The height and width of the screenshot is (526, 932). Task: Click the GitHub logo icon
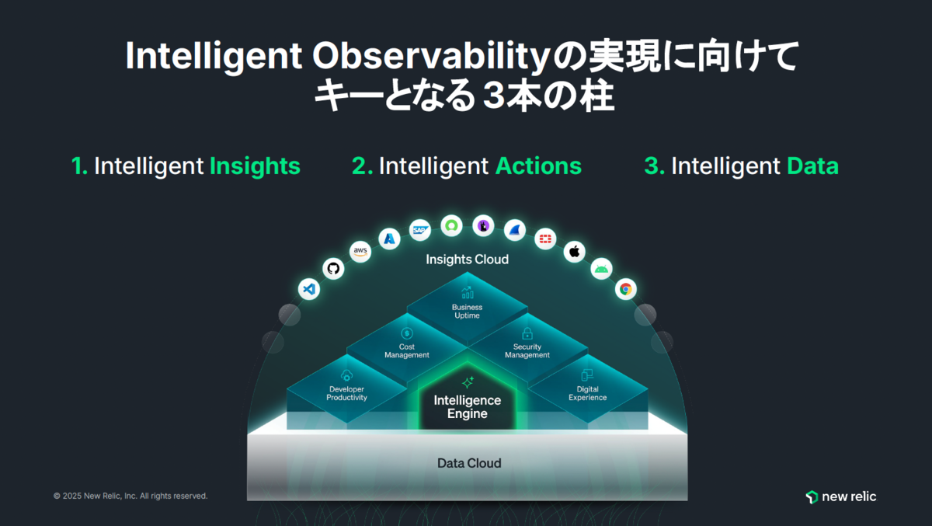(x=333, y=268)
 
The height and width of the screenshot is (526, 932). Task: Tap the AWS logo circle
(x=360, y=252)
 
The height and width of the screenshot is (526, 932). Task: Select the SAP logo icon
(x=420, y=230)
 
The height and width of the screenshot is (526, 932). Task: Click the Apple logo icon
(x=575, y=252)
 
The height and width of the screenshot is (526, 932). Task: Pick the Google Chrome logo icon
(x=626, y=289)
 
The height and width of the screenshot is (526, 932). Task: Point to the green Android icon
(x=601, y=269)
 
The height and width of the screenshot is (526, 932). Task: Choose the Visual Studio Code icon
(x=309, y=289)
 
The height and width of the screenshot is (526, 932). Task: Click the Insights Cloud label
(x=468, y=260)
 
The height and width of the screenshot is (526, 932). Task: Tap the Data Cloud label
(x=469, y=463)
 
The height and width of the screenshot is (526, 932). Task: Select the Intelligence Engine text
(x=468, y=406)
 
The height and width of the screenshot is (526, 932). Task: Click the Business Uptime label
(x=468, y=312)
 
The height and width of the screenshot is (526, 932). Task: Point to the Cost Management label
(x=407, y=351)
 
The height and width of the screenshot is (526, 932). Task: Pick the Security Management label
(x=527, y=351)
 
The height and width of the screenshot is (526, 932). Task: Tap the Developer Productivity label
(x=346, y=393)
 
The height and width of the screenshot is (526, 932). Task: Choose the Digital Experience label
(x=587, y=393)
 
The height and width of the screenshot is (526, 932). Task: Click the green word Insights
(x=255, y=166)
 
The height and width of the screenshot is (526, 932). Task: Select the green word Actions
(x=538, y=166)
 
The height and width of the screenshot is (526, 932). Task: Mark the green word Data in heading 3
(x=812, y=166)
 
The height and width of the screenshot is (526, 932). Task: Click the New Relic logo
(x=841, y=496)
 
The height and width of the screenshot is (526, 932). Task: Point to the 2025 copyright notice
(x=130, y=496)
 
